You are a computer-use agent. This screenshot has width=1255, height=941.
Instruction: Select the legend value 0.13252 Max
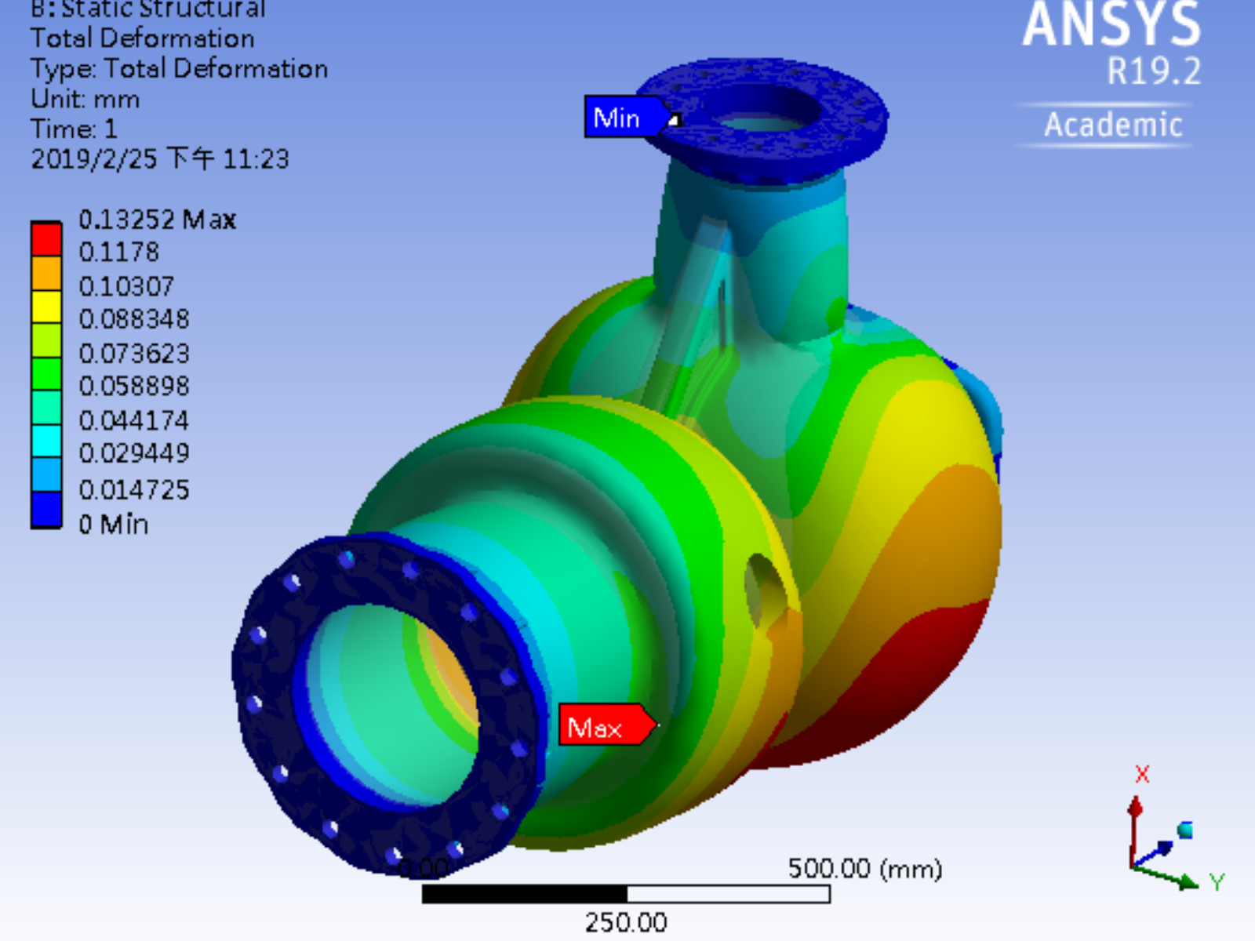coord(157,220)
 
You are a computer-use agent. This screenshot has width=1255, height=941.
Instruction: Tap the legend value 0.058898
coord(134,387)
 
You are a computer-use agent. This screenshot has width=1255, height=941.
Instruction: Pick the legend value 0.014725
coord(134,490)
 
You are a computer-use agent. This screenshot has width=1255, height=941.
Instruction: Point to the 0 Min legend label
coord(114,524)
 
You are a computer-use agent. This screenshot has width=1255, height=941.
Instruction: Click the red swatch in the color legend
coord(46,239)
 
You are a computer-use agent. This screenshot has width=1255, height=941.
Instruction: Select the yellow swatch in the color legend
coord(46,307)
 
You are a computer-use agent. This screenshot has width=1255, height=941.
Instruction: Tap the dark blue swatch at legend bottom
coord(46,510)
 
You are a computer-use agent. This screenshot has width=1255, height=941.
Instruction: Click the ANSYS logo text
coord(1111,25)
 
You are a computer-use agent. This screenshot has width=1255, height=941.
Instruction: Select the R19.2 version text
coord(1153,72)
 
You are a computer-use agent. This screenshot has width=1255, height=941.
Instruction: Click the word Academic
coord(1112,125)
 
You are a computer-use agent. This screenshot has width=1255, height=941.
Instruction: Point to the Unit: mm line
coord(85,100)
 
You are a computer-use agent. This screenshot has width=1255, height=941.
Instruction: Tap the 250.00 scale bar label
coord(626,922)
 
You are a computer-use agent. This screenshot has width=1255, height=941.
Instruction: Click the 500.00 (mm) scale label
coord(864,869)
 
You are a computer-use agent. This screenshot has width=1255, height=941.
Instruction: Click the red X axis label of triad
coord(1142,775)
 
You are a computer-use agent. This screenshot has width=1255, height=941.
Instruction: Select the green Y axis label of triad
coord(1217,883)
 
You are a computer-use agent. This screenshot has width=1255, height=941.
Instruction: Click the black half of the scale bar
coord(524,894)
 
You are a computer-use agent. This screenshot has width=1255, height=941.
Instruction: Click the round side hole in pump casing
coord(761,588)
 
